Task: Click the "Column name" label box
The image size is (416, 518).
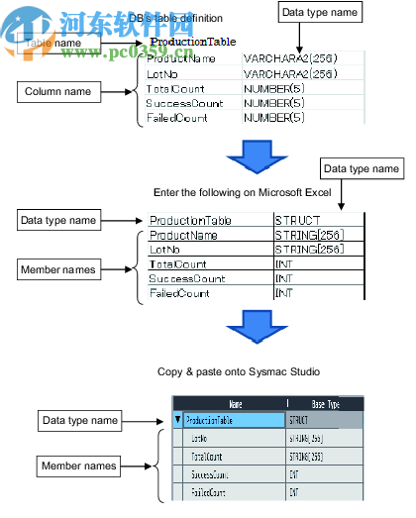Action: tap(58, 92)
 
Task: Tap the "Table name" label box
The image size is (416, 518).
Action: tap(52, 44)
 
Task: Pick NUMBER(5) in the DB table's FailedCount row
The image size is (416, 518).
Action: tap(274, 118)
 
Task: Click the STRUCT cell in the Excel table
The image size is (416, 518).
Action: tap(296, 220)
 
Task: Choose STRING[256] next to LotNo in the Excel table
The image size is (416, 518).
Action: tap(308, 250)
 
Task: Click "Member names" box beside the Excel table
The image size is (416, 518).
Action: tap(58, 269)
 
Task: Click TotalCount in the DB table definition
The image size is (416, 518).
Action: tap(175, 88)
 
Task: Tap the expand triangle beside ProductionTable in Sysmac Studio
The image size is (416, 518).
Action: tap(178, 420)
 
